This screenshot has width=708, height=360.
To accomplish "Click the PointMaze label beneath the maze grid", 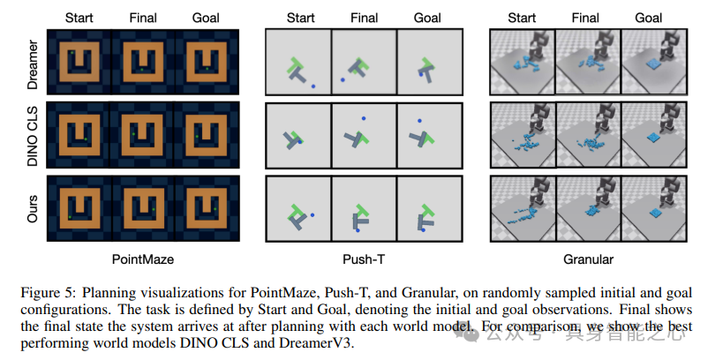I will pyautogui.click(x=143, y=259).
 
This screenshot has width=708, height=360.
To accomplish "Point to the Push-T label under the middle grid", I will pyautogui.click(x=363, y=259).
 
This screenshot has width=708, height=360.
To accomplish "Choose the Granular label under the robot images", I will pyautogui.click(x=588, y=259).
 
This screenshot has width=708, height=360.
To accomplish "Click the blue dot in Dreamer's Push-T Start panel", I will pyautogui.click(x=313, y=86).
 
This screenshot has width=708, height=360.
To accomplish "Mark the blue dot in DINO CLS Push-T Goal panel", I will pyautogui.click(x=420, y=120).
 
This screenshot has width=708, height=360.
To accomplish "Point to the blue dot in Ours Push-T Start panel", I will pyautogui.click(x=313, y=214).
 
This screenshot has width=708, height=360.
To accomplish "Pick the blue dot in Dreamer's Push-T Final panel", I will pyautogui.click(x=343, y=80).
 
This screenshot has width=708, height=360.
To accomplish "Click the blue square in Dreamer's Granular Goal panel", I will pyautogui.click(x=654, y=64).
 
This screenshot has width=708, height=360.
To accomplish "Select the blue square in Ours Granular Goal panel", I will pyautogui.click(x=654, y=214).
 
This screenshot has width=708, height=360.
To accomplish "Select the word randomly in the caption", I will pyautogui.click(x=488, y=292).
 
